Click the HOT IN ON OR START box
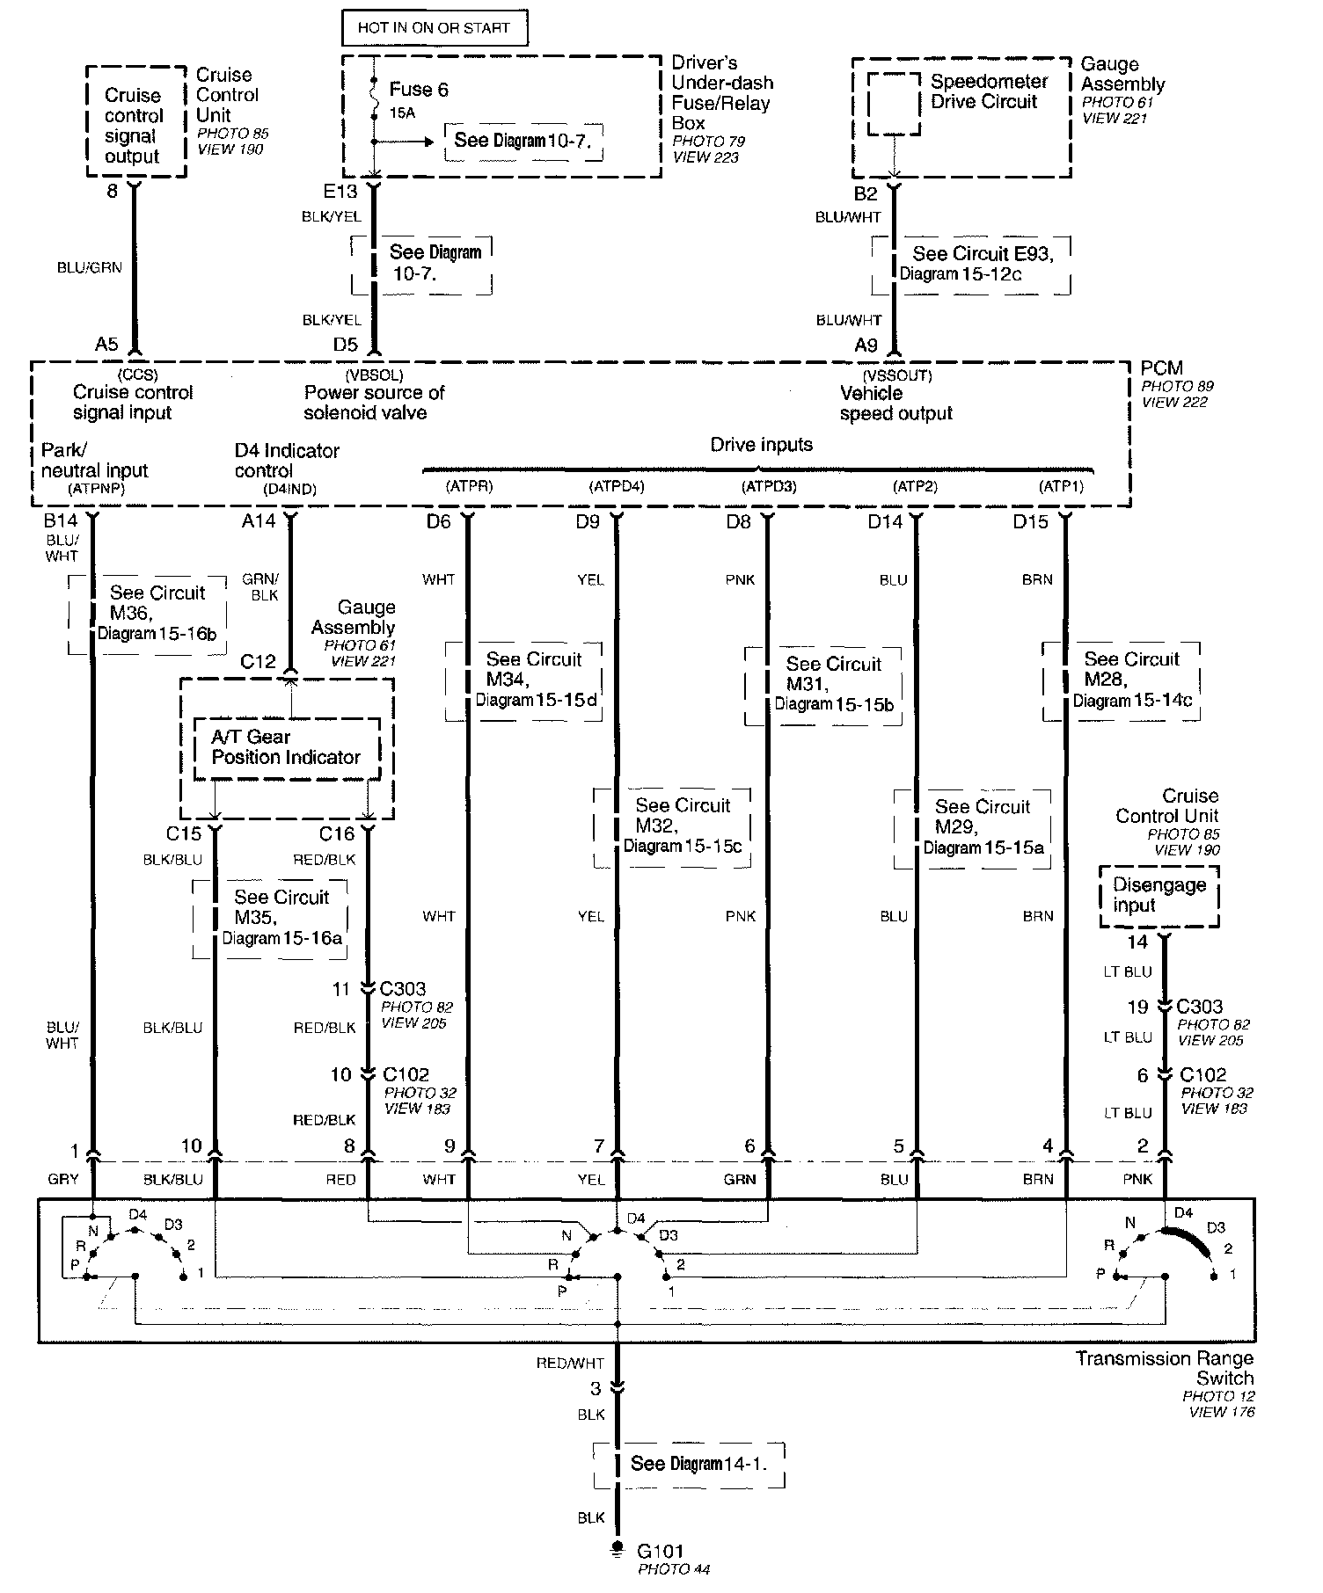(434, 27)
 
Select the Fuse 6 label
(418, 90)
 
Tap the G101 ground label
(661, 1551)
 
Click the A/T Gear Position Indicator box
(286, 747)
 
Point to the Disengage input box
(1159, 895)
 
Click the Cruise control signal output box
(135, 126)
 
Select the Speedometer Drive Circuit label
(989, 91)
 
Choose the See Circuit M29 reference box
(972, 827)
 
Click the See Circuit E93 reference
(972, 264)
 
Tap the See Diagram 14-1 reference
(688, 1464)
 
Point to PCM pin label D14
(884, 522)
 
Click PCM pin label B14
(61, 521)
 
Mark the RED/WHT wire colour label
(570, 1363)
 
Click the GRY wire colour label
(63, 1179)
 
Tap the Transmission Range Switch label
(1165, 1369)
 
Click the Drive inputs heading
(761, 445)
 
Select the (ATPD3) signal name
(769, 486)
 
